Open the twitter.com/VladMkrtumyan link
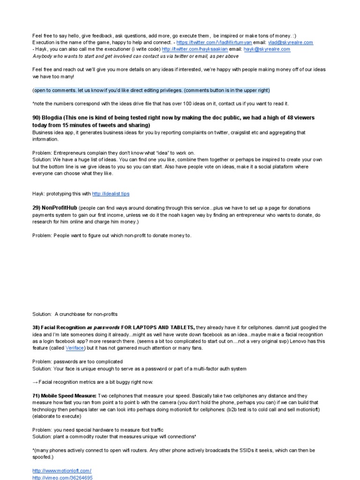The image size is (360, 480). [x=218, y=42]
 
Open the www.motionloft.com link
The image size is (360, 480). [x=61, y=471]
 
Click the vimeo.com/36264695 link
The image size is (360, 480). [x=62, y=478]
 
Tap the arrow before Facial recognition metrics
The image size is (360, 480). [x=35, y=382]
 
